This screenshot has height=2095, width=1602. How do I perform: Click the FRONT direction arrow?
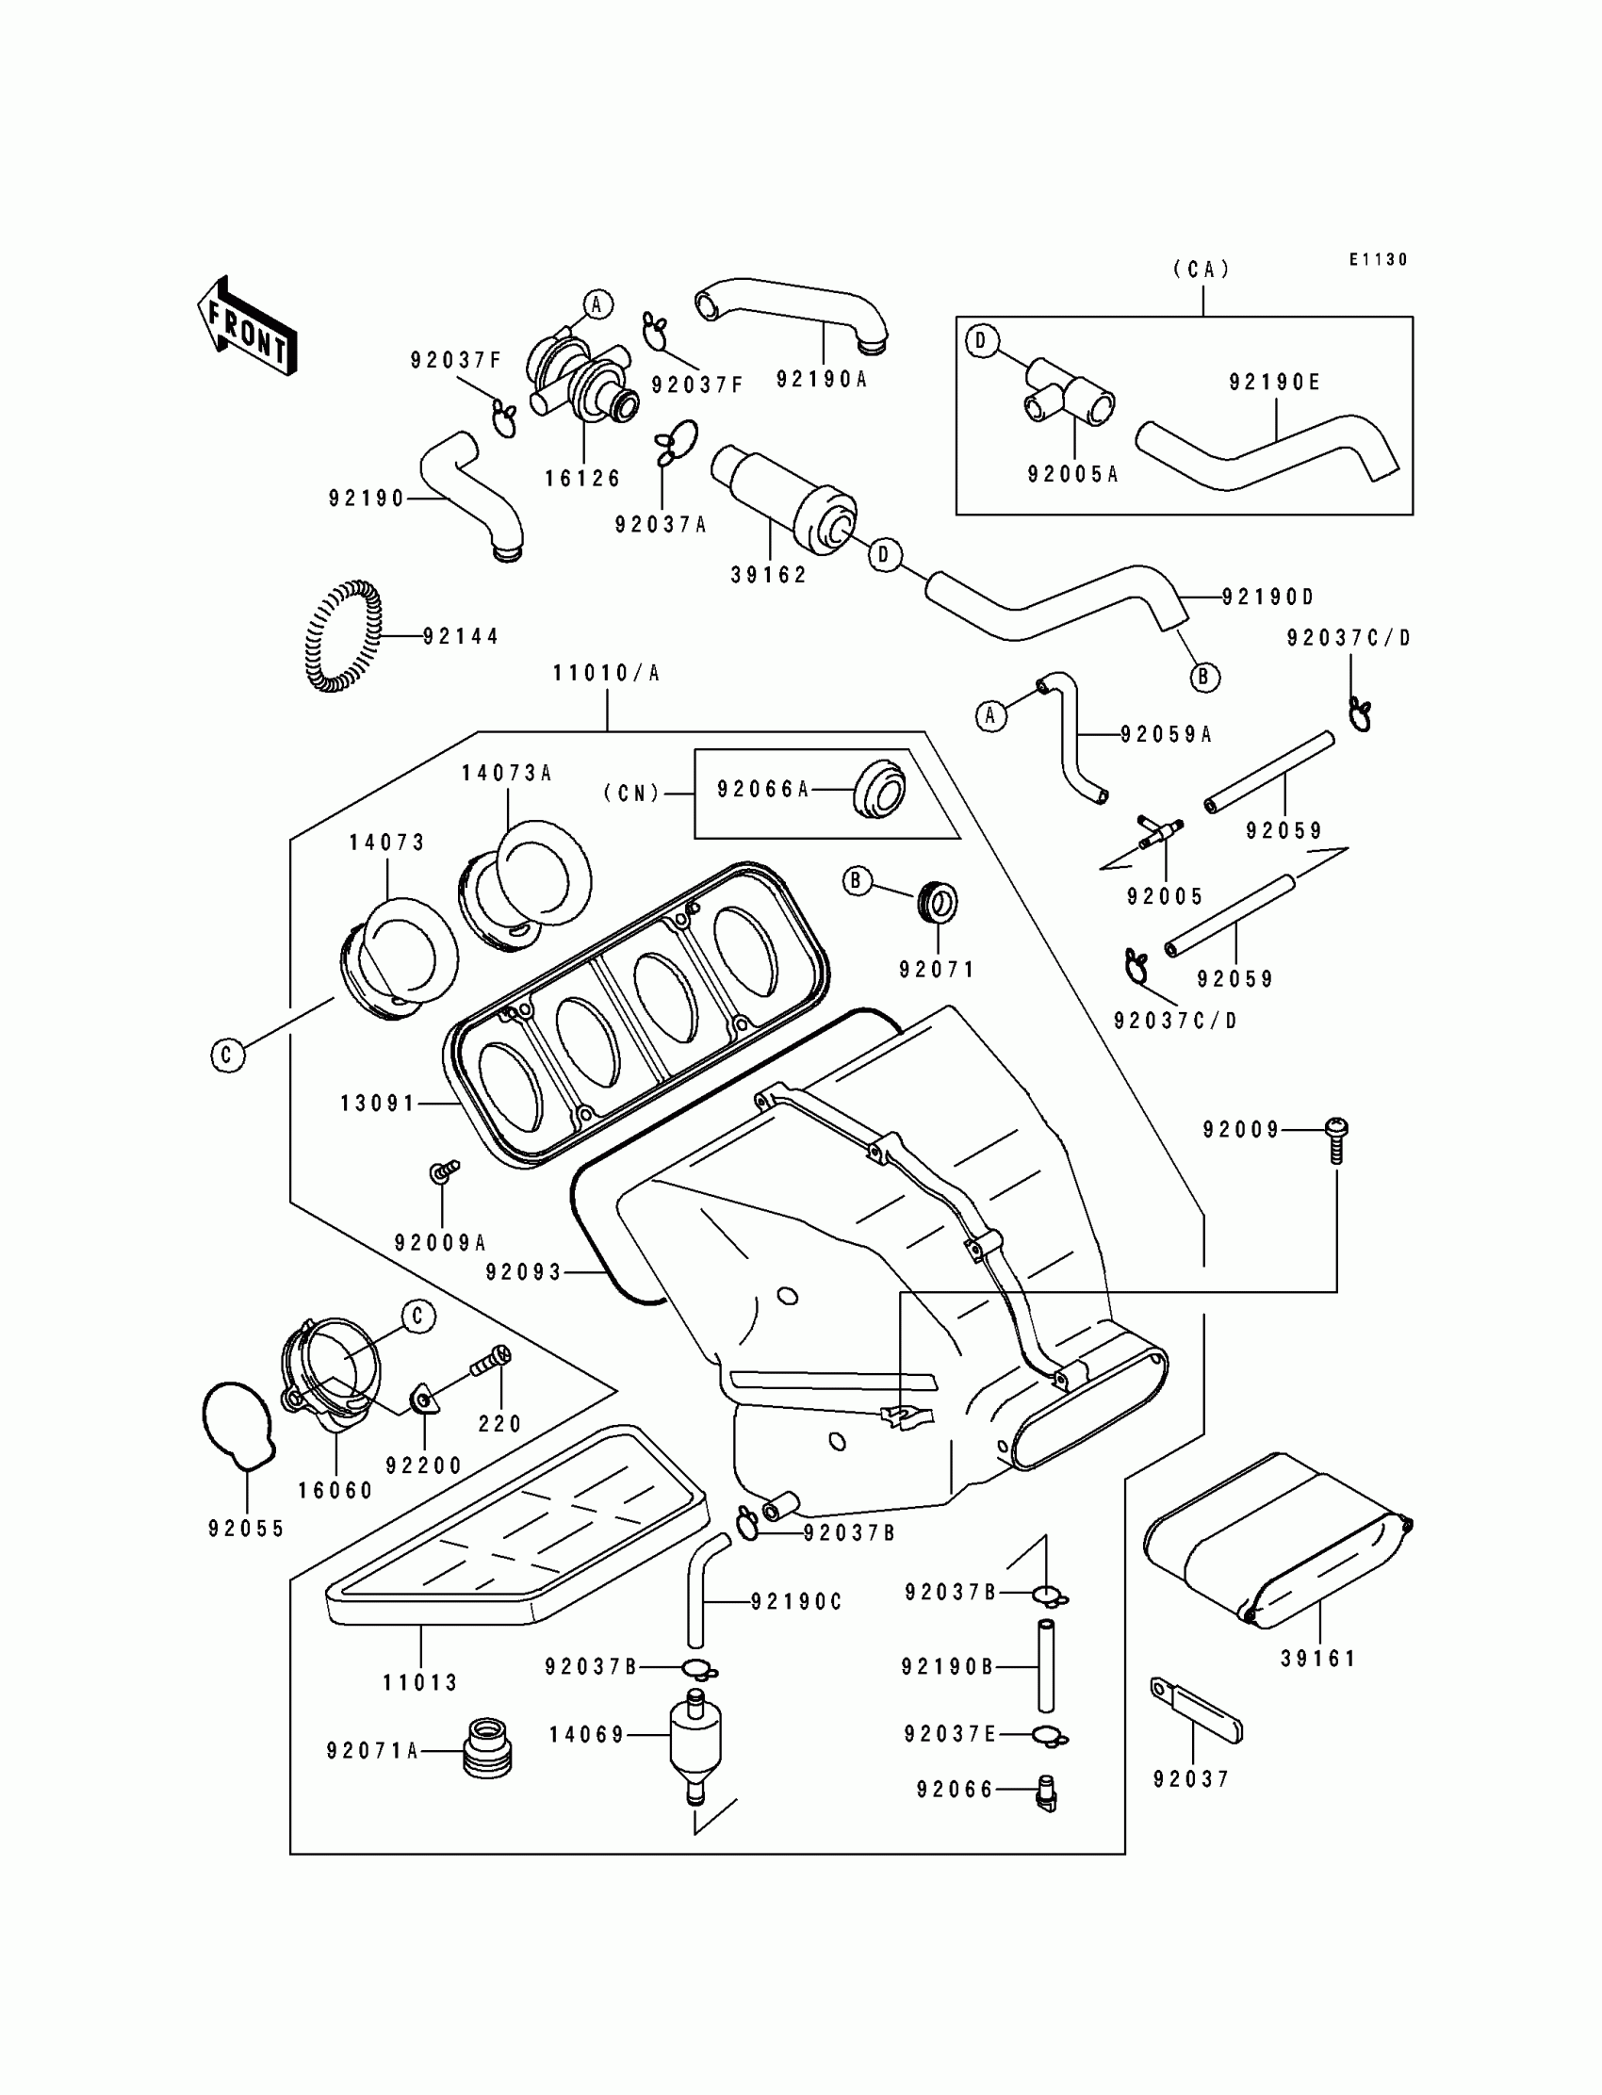(247, 327)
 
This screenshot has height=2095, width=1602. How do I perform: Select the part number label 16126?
(582, 479)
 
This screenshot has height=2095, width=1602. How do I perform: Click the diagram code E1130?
(1378, 259)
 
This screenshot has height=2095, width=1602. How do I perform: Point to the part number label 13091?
(378, 1104)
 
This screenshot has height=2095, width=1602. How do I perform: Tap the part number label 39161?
(1317, 1659)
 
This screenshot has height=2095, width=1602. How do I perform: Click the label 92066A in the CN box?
(763, 789)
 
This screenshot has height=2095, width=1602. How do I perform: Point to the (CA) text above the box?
(1201, 270)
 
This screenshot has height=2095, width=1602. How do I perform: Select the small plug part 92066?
(1047, 1792)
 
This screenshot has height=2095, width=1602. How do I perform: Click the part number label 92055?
(246, 1529)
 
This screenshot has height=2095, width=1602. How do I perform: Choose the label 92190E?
(1274, 383)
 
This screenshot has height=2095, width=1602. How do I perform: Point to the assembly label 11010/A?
(607, 673)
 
